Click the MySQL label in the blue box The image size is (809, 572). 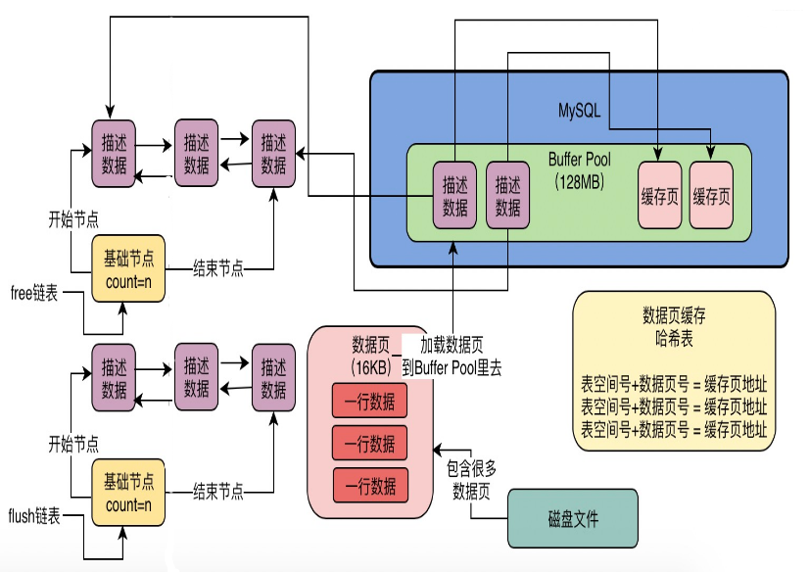pyautogui.click(x=579, y=111)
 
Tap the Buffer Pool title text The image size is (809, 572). pyautogui.click(x=579, y=159)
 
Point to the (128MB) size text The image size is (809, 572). pyautogui.click(x=579, y=181)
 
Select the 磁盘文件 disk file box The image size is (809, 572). pyautogui.click(x=573, y=518)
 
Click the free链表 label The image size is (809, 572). pyautogui.click(x=34, y=293)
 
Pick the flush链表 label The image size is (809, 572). pyautogui.click(x=34, y=515)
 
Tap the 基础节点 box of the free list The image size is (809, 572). pyautogui.click(x=128, y=268)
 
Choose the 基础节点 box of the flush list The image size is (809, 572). pyautogui.click(x=128, y=493)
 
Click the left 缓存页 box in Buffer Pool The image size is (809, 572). pyautogui.click(x=659, y=195)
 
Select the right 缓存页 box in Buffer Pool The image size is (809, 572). pyautogui.click(x=711, y=195)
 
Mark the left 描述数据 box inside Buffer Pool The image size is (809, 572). pyautogui.click(x=454, y=195)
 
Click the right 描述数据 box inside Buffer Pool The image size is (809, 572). pyautogui.click(x=507, y=195)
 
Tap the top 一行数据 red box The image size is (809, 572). pyautogui.click(x=369, y=401)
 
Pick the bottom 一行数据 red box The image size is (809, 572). pyautogui.click(x=370, y=485)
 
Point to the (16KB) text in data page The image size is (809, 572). pyautogui.click(x=370, y=367)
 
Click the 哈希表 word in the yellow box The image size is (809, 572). pyautogui.click(x=674, y=338)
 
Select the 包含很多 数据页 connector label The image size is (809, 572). pyautogui.click(x=471, y=480)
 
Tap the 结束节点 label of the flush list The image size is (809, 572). pyautogui.click(x=218, y=491)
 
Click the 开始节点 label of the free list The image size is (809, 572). pyautogui.click(x=73, y=219)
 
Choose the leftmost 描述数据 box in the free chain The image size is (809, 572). pyautogui.click(x=114, y=154)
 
